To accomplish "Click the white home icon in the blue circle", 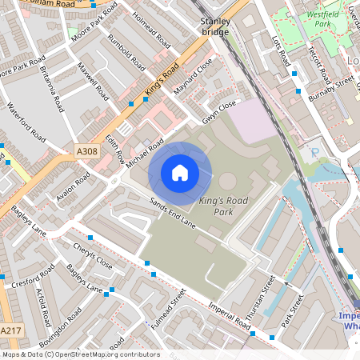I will point(180,172).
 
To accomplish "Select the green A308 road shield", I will point(86,150).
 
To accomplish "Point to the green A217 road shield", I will point(10,330).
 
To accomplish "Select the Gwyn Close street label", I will point(219,110).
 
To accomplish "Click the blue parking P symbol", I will point(314,151).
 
